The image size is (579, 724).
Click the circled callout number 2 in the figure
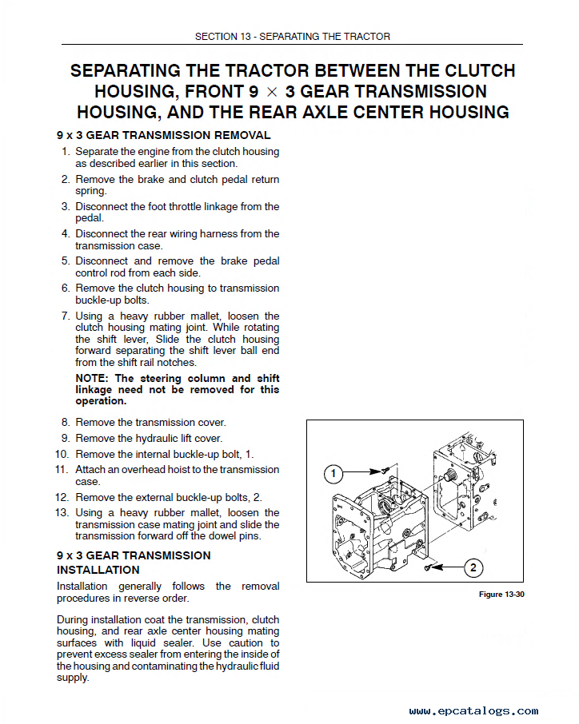[473, 568]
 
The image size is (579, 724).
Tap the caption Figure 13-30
[501, 595]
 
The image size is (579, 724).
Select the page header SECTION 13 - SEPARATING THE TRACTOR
[293, 37]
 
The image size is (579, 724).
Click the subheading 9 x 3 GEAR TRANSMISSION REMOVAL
[164, 135]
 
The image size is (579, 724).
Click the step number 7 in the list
[66, 316]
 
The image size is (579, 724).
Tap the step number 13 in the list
[62, 512]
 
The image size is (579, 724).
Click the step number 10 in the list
[62, 453]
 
